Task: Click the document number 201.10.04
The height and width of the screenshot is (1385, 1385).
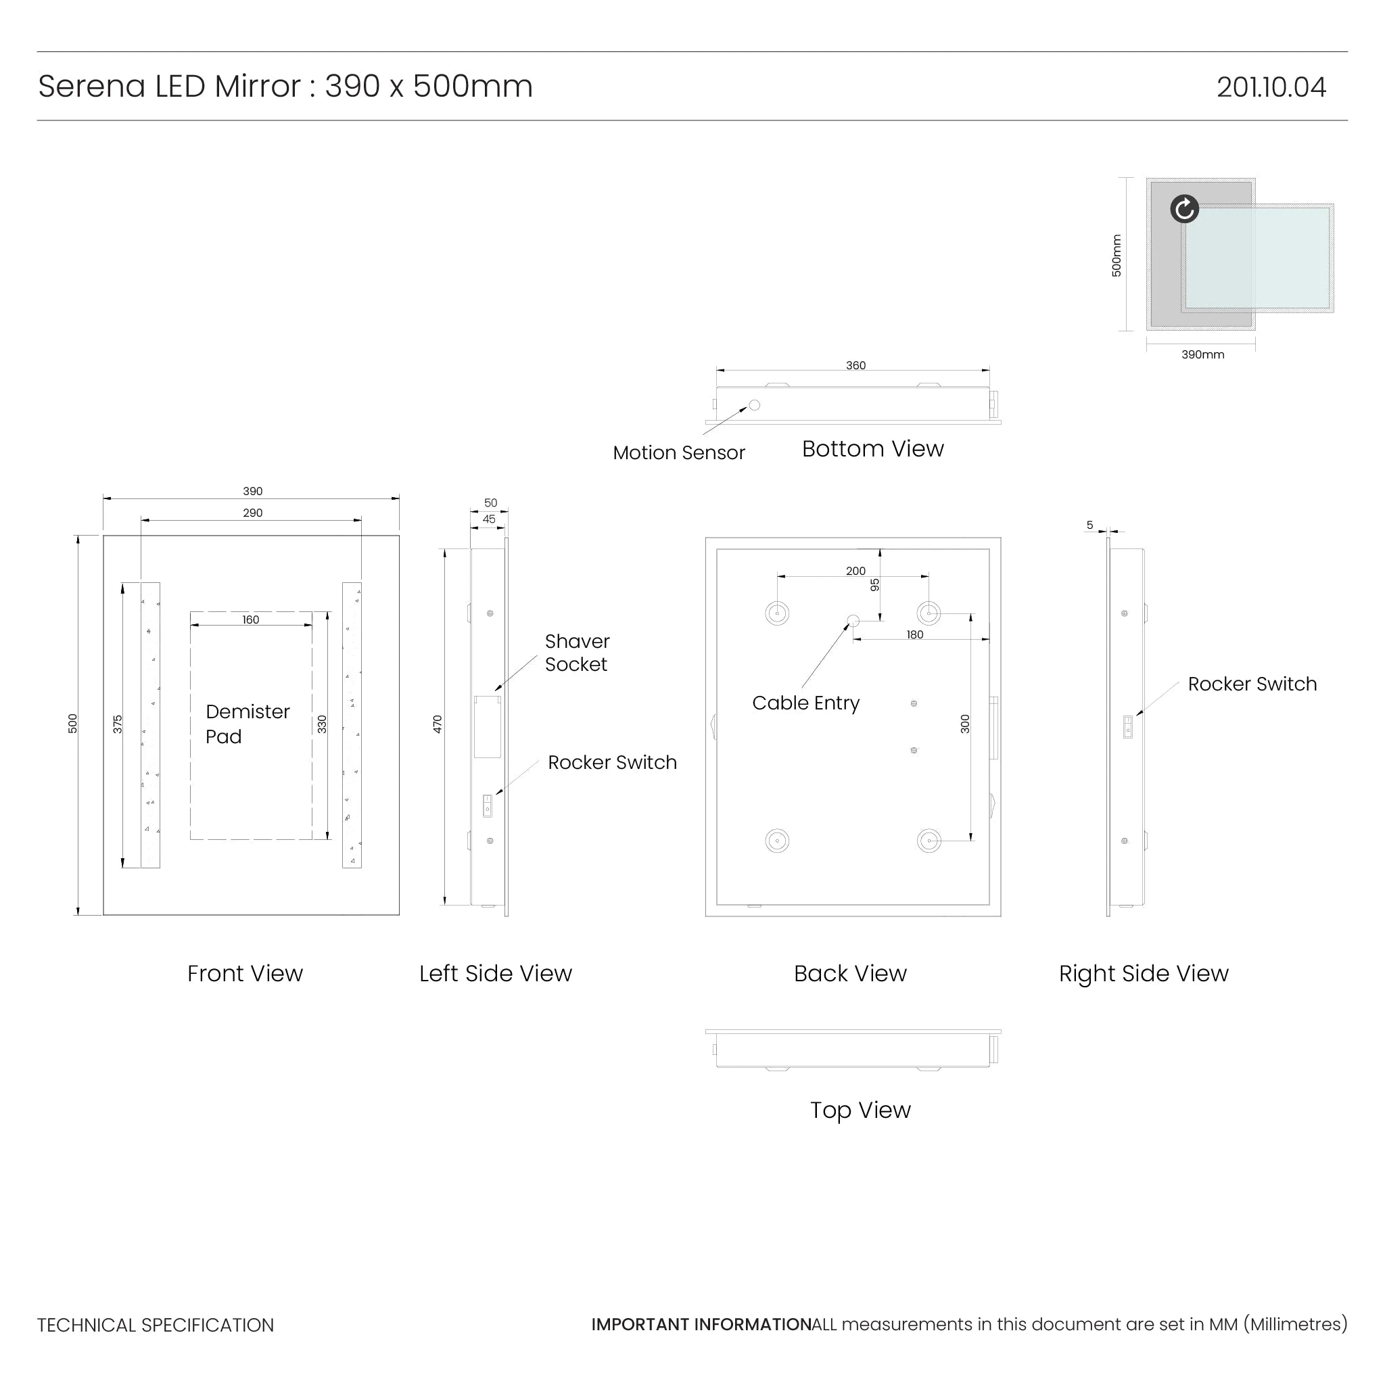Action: click(1270, 87)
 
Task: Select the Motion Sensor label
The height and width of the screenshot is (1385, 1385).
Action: click(678, 453)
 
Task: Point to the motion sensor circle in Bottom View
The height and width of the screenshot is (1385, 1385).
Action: click(754, 405)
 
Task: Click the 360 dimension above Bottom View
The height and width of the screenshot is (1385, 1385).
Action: click(855, 366)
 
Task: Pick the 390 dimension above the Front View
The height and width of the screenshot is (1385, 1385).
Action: click(252, 492)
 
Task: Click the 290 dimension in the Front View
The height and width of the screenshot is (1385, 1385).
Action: click(252, 513)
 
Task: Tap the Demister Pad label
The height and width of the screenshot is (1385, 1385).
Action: click(248, 724)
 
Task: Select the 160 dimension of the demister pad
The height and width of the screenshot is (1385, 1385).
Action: click(250, 620)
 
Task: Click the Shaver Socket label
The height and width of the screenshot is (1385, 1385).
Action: click(577, 653)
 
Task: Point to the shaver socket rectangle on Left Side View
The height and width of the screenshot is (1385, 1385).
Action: click(488, 726)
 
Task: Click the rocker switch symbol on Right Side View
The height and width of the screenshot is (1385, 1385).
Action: click(1127, 727)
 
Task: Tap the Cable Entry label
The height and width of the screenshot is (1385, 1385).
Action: click(805, 703)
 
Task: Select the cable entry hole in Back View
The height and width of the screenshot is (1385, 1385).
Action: click(853, 621)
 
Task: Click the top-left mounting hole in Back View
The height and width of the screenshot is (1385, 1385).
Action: click(777, 613)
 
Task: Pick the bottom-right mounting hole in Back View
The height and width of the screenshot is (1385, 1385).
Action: click(929, 840)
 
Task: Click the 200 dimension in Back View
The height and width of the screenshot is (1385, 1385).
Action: click(855, 571)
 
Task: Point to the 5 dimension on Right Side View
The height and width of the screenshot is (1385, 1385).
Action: click(1089, 525)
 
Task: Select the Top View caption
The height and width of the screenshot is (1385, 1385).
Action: click(860, 1110)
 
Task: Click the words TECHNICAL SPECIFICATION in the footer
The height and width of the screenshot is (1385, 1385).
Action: click(156, 1325)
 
